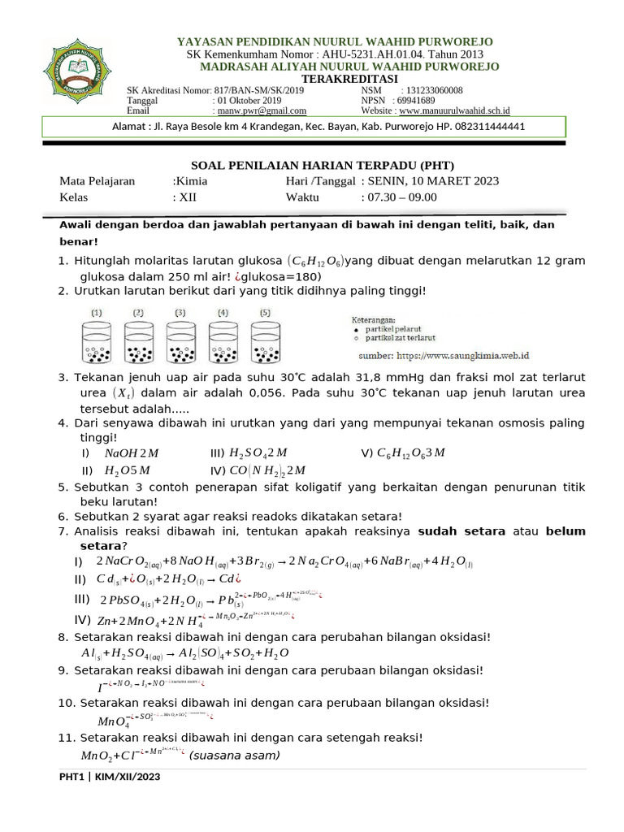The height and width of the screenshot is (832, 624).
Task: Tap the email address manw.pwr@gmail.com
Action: click(261, 111)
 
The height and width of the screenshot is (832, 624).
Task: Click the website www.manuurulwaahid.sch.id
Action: click(460, 111)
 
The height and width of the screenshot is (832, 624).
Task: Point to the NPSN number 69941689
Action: click(416, 101)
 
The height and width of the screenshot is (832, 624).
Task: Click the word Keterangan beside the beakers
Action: click(385, 319)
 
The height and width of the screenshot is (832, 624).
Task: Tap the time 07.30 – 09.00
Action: click(399, 197)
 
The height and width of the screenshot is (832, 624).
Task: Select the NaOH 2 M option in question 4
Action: click(126, 453)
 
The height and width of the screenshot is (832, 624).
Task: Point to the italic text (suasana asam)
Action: click(235, 756)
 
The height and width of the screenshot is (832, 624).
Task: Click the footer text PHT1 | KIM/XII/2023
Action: click(110, 778)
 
